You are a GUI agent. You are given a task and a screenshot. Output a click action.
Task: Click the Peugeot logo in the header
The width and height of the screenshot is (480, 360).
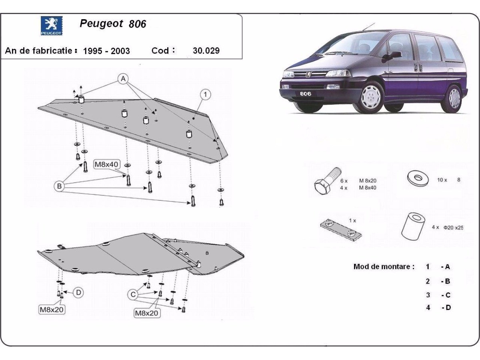52,27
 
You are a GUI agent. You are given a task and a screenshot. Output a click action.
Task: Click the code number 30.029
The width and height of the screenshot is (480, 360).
206,51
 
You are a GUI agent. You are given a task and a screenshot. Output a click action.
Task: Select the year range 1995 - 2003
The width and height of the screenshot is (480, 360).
106,51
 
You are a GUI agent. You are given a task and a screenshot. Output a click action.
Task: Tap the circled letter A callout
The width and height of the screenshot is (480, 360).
123,78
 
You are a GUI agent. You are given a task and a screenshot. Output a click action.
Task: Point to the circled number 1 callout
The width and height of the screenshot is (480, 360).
205,94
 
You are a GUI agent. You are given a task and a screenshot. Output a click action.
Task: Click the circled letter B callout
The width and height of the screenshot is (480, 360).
60,186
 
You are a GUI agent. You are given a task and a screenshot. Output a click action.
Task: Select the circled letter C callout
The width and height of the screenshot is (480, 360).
133,294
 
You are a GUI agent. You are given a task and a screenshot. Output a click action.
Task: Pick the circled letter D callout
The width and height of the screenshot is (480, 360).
79,293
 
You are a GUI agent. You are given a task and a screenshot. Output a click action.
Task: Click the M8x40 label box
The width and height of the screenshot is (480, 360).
106,164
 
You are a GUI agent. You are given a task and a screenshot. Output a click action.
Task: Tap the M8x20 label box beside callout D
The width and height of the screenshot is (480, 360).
52,309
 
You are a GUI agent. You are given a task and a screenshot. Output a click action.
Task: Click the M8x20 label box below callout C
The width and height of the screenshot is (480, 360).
147,314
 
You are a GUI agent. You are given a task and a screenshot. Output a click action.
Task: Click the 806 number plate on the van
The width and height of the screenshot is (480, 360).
306,94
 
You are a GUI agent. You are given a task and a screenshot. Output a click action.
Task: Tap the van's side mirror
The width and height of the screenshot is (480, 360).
394,54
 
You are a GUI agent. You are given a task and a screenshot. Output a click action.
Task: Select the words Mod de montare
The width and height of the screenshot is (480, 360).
384,267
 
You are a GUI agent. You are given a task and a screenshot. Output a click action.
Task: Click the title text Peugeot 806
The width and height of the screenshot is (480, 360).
113,24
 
